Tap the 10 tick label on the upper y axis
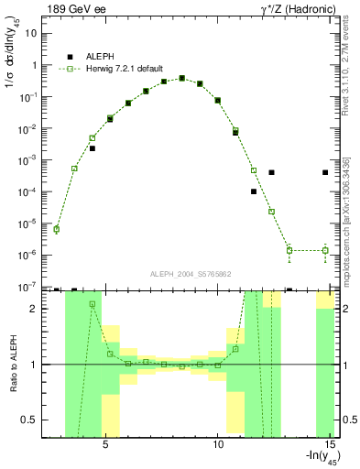click(31, 34)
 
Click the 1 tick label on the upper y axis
click(34, 65)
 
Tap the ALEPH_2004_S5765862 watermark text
click(190, 274)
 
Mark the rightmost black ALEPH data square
click(325, 172)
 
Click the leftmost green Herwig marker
click(57, 229)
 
